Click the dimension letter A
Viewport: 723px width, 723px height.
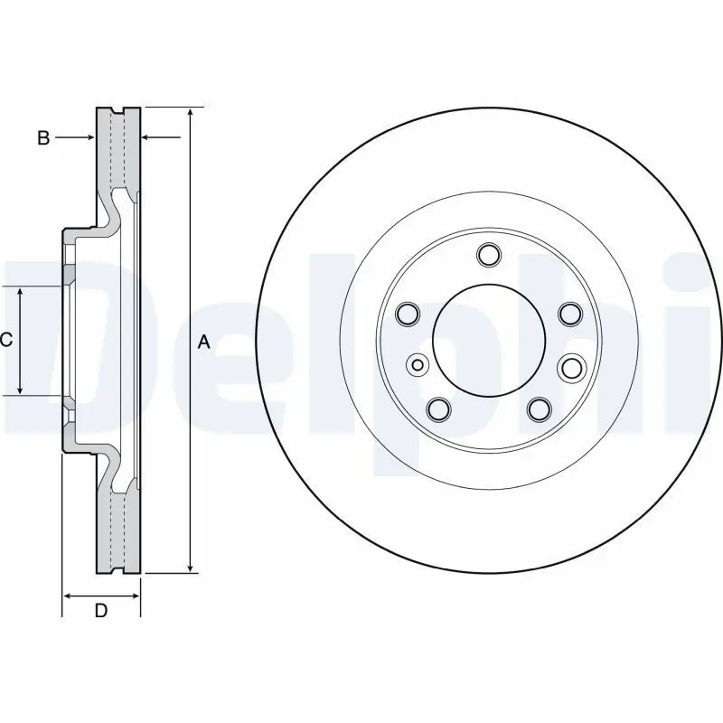[x=204, y=343]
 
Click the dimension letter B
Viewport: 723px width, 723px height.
[x=43, y=137]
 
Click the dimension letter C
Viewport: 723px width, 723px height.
[x=6, y=340]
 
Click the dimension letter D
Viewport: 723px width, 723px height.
[x=101, y=611]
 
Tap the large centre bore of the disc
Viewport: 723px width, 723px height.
[x=489, y=341]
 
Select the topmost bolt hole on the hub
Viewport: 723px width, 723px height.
[x=489, y=255]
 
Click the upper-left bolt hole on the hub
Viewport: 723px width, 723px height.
[x=408, y=314]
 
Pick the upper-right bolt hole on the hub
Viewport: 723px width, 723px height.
[x=570, y=314]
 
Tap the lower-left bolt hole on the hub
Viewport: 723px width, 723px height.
[x=438, y=408]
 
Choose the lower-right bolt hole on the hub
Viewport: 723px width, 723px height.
[x=540, y=408]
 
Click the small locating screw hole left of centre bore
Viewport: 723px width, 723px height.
[x=418, y=365]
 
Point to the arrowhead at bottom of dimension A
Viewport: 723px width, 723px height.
[x=191, y=568]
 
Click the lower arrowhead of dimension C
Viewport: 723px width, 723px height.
[x=20, y=390]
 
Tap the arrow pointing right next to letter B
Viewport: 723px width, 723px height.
[x=75, y=137]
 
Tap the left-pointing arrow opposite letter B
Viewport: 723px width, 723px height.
[x=161, y=137]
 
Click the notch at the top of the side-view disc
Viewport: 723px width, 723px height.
[x=118, y=110]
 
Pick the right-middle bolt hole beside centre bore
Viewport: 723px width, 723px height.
[x=570, y=367]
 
